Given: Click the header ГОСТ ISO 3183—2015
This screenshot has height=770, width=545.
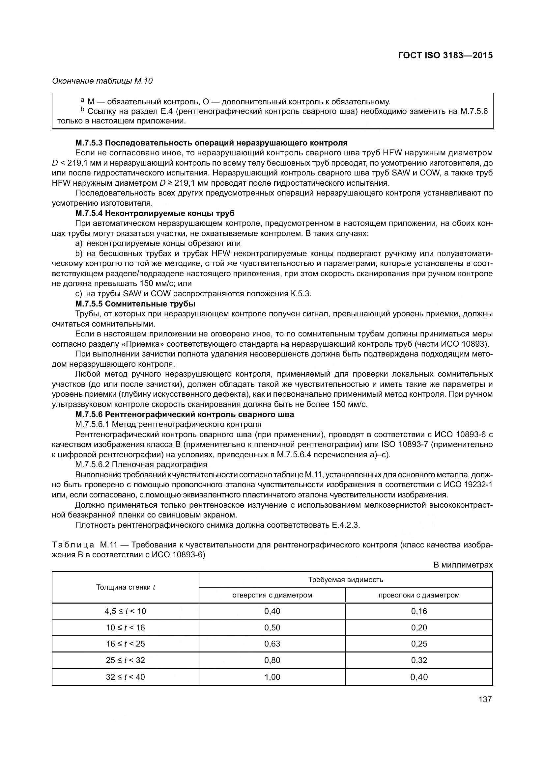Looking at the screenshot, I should click(x=445, y=55).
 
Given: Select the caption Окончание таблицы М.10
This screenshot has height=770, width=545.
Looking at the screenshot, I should click(x=102, y=81).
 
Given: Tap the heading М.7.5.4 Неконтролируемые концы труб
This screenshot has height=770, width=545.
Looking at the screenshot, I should click(x=155, y=213).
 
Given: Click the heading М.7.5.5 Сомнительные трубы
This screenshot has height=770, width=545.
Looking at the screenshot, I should click(x=135, y=304).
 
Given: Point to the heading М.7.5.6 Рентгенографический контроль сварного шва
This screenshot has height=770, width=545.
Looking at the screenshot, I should click(x=185, y=414).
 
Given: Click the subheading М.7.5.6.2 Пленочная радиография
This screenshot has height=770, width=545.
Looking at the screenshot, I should click(x=141, y=465).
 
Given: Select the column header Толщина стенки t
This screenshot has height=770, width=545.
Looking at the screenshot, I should click(x=125, y=587).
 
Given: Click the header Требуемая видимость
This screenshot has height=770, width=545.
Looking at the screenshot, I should click(x=346, y=579).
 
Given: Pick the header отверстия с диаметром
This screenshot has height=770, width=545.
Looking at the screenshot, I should click(x=272, y=595).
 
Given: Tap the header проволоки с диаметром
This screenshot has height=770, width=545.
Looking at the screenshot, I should click(x=419, y=595).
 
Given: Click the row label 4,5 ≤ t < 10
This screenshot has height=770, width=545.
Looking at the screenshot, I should click(x=125, y=611).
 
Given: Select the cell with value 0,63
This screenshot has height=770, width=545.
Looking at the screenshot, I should click(x=272, y=644).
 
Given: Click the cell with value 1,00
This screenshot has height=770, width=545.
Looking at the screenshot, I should click(x=272, y=677).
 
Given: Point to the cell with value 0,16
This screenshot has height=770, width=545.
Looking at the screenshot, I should click(x=419, y=611).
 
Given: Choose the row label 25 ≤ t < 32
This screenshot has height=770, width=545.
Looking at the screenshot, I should click(x=125, y=660).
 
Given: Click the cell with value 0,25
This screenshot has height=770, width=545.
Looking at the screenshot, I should click(x=419, y=644).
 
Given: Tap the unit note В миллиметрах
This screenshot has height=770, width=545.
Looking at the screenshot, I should click(x=463, y=565).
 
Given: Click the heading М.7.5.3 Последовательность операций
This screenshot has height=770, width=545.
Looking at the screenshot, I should click(x=212, y=143).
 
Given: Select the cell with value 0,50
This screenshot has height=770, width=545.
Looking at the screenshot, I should click(x=272, y=627).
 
